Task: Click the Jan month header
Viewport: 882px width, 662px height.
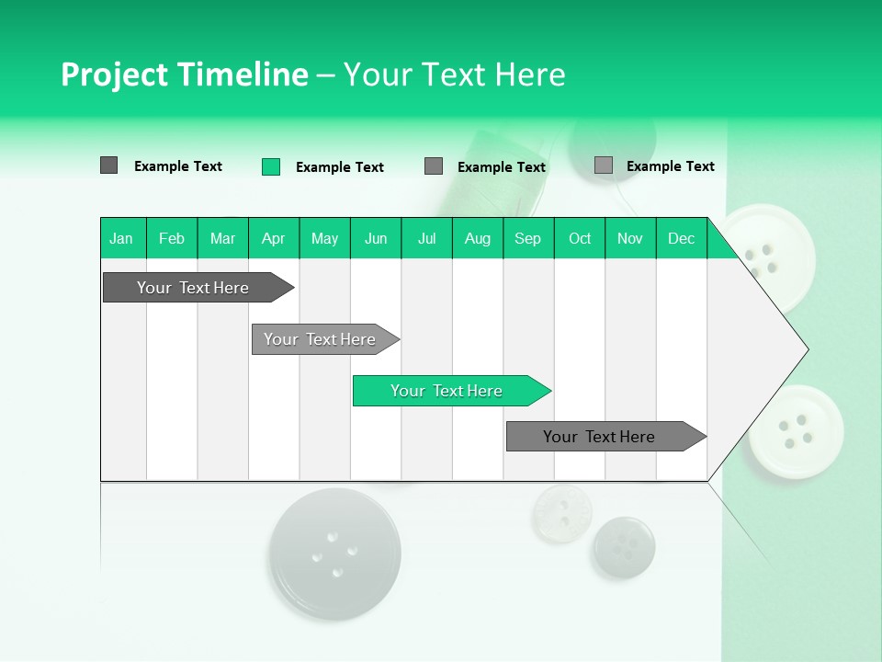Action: pos(122,238)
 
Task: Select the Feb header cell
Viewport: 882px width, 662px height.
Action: pos(172,238)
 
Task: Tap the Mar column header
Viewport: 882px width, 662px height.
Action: pos(222,238)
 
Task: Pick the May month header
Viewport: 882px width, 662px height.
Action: pos(324,238)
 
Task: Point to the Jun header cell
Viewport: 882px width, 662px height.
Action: pos(376,238)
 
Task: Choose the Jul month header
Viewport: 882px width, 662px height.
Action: pos(426,238)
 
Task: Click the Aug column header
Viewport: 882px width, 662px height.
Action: pos(478,238)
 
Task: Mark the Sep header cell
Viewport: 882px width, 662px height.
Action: pos(528,238)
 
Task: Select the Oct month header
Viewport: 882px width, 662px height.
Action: pos(580,238)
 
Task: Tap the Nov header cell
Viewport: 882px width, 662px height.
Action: pos(630,238)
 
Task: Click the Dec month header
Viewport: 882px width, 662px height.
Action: pos(682,238)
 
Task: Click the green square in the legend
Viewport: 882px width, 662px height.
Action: pos(271,166)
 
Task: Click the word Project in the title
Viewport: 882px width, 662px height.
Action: pos(112,74)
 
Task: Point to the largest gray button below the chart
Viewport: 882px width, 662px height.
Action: pos(335,553)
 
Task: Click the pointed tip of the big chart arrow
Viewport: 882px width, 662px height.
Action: pos(806,349)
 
